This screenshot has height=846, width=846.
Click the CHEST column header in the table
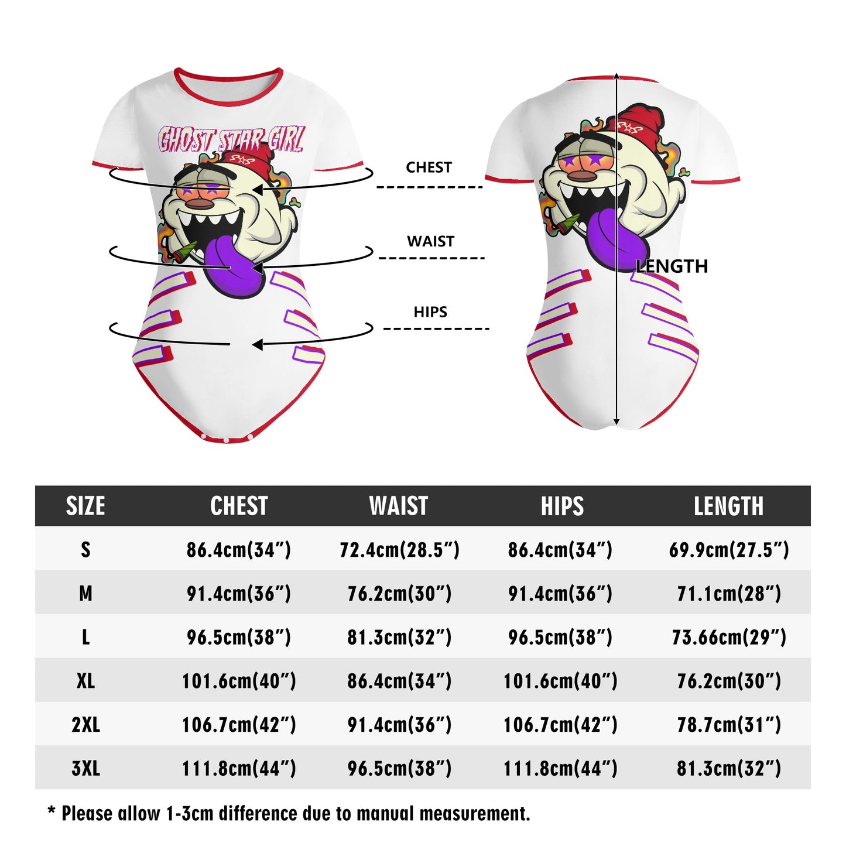tap(239, 506)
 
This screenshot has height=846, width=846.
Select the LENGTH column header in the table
tap(728, 506)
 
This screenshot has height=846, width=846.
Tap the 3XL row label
tap(85, 768)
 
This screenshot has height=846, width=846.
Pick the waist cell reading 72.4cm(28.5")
tap(399, 550)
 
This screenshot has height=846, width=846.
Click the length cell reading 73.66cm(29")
tap(729, 637)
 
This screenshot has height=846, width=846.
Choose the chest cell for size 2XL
tap(239, 725)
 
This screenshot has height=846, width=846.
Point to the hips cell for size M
tap(560, 594)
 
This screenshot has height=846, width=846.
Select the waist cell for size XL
tap(399, 681)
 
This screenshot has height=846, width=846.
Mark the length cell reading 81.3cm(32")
tap(729, 768)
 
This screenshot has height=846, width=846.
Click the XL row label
tap(85, 681)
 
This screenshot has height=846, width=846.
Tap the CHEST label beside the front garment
tap(429, 167)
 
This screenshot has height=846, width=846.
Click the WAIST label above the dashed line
tap(430, 241)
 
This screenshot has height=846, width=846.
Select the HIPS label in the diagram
tap(430, 312)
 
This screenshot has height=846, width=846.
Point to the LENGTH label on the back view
tap(672, 266)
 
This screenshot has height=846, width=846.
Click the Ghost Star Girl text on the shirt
tap(231, 141)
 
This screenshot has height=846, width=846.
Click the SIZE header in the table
tap(85, 506)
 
